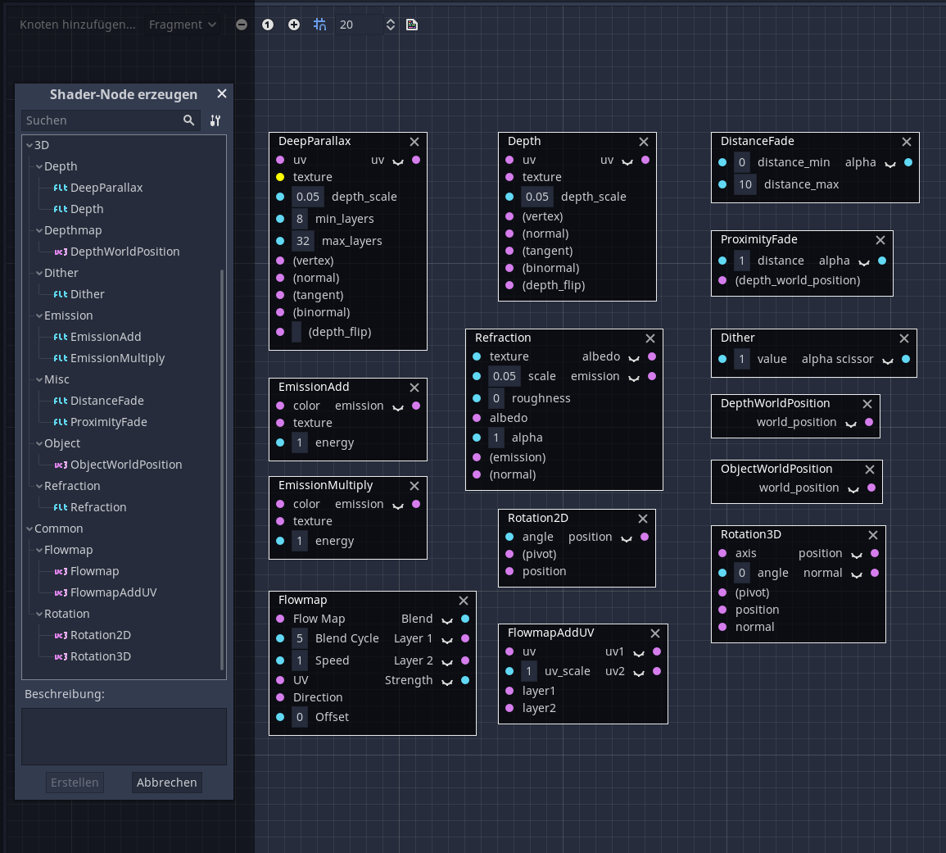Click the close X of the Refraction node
(650, 338)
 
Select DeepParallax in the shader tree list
(106, 188)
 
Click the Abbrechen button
(166, 783)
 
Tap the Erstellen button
(75, 783)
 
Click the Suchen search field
(102, 120)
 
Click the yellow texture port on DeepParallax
(280, 177)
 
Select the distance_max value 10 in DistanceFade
(745, 184)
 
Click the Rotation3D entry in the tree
(100, 656)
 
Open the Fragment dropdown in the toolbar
(182, 25)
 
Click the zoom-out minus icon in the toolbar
(242, 25)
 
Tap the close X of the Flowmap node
(464, 601)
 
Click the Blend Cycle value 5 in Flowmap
(300, 638)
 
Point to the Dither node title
(738, 338)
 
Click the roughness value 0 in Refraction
(496, 398)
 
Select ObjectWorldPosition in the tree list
(126, 465)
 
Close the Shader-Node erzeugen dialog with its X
(221, 94)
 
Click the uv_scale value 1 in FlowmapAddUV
(529, 671)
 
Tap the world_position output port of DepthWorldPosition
(869, 422)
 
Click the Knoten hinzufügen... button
(78, 25)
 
